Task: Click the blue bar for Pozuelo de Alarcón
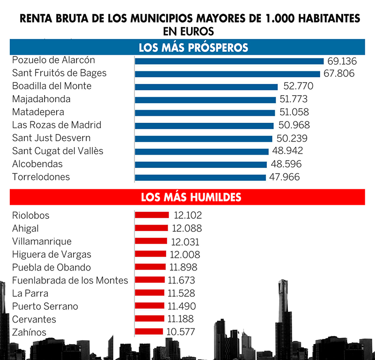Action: click(229, 61)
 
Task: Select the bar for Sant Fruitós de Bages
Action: click(227, 74)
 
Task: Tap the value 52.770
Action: click(298, 86)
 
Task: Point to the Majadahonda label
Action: click(41, 99)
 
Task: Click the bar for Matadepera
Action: click(205, 112)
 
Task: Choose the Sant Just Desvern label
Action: click(51, 138)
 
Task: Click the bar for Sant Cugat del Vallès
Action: click(202, 151)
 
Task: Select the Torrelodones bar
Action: click(201, 178)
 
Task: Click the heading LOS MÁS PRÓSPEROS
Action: click(193, 48)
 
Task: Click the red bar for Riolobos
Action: click(152, 215)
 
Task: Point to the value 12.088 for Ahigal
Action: click(187, 228)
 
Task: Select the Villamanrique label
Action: click(42, 241)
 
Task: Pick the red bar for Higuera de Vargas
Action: click(150, 254)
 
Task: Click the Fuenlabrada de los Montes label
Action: click(70, 280)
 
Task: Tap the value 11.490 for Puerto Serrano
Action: click(181, 306)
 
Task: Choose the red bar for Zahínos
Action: click(149, 332)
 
